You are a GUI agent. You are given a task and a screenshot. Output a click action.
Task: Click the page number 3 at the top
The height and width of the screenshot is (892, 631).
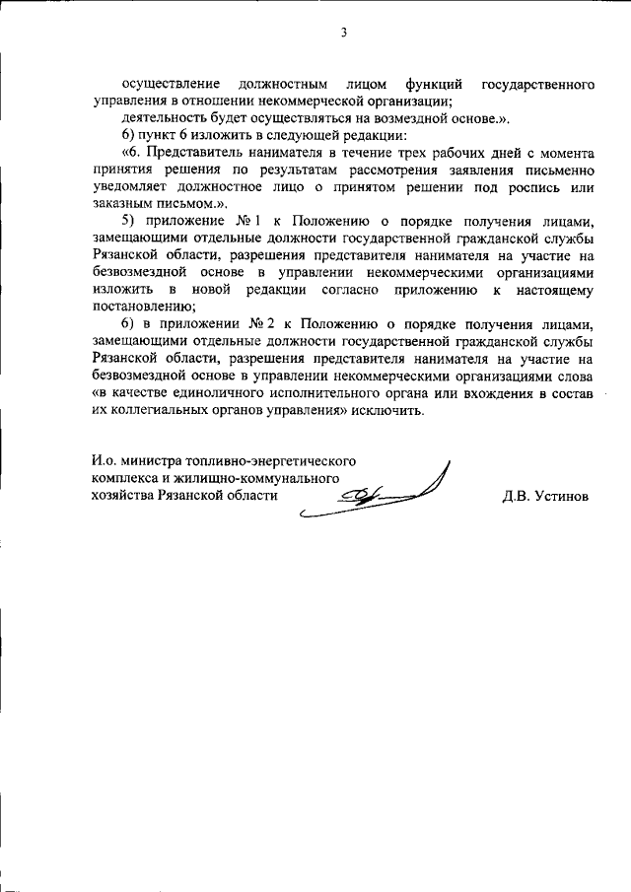click(344, 34)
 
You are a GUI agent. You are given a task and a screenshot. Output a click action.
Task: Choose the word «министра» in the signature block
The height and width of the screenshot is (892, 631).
click(150, 460)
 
